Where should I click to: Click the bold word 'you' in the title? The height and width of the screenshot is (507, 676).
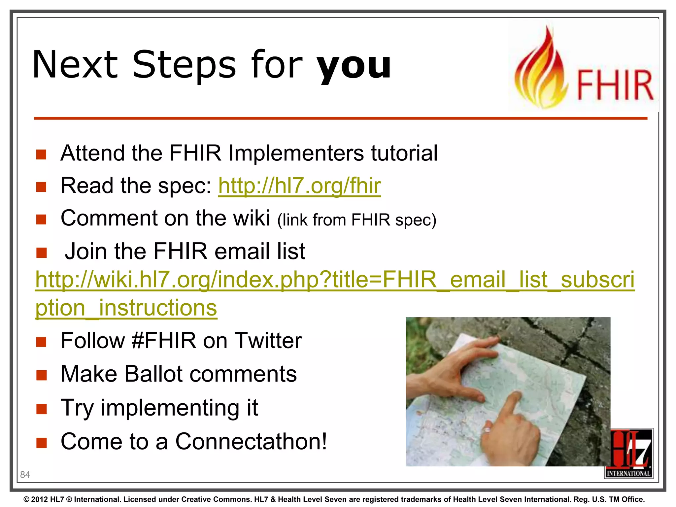pyautogui.click(x=353, y=66)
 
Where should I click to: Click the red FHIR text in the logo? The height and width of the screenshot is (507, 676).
pyautogui.click(x=615, y=85)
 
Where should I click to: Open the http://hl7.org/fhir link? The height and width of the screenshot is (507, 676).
pyautogui.click(x=299, y=186)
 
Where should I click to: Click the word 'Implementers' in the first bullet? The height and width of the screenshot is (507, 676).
pyautogui.click(x=296, y=153)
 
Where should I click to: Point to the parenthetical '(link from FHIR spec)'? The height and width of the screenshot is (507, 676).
pyautogui.click(x=357, y=220)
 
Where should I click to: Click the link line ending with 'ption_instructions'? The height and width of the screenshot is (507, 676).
pyautogui.click(x=126, y=308)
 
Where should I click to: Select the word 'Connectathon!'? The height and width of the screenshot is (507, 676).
pyautogui.click(x=251, y=442)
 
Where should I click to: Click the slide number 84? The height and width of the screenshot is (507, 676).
pyautogui.click(x=25, y=475)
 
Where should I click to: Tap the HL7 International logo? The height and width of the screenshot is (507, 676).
pyautogui.click(x=629, y=453)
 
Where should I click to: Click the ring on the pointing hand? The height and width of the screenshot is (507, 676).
pyautogui.click(x=486, y=430)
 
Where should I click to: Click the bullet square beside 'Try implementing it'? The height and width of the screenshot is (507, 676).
pyautogui.click(x=42, y=409)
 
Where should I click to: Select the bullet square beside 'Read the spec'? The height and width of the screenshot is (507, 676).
pyautogui.click(x=42, y=187)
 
